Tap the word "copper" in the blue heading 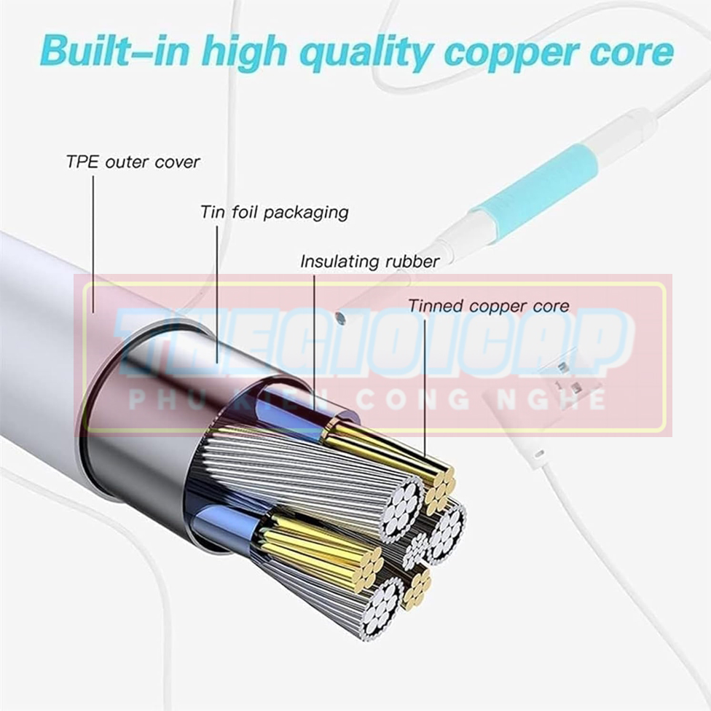(x=509, y=52)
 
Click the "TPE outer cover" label (x=133, y=162)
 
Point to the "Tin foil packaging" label (x=275, y=213)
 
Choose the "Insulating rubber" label (x=370, y=262)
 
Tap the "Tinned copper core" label (x=488, y=306)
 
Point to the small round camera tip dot (x=339, y=318)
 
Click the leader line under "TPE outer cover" (x=93, y=240)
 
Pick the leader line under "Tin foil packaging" (x=216, y=291)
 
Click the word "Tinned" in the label (x=436, y=306)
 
